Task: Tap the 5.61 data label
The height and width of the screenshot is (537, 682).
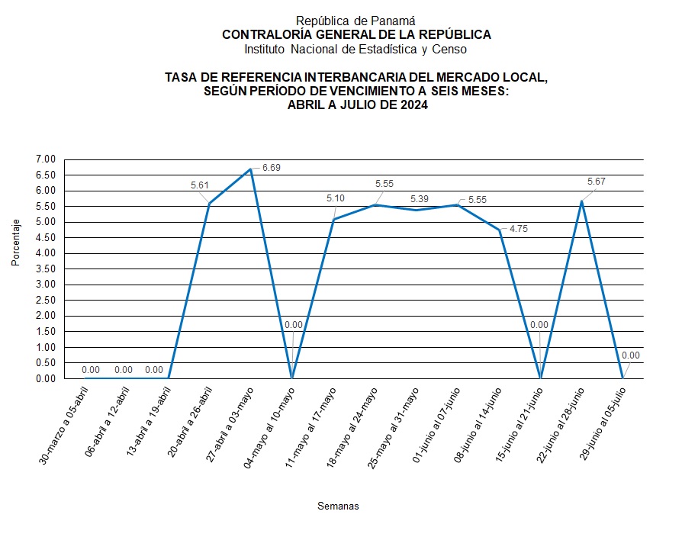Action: click(x=201, y=185)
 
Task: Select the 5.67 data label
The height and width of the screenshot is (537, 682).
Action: click(x=597, y=182)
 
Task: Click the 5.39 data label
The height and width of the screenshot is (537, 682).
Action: click(x=419, y=198)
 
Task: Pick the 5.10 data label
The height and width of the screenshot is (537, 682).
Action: click(x=336, y=198)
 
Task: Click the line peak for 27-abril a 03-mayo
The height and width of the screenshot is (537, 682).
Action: click(x=251, y=169)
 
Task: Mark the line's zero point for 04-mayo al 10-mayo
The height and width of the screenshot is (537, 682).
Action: click(x=292, y=378)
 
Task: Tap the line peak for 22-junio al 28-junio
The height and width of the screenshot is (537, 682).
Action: click(x=582, y=201)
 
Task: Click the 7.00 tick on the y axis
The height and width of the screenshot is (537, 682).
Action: click(x=46, y=159)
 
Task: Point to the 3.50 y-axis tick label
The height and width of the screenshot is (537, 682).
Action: click(x=46, y=268)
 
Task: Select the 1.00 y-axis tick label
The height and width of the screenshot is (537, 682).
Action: click(x=46, y=347)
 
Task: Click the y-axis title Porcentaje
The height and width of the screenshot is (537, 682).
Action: click(x=16, y=243)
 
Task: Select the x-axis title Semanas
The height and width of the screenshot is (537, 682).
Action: click(x=337, y=506)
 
